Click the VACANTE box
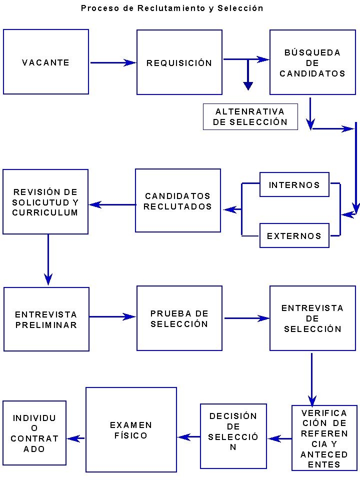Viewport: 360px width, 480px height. point(46,62)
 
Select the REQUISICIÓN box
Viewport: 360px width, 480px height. point(179,62)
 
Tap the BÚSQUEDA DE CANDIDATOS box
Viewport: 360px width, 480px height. point(312,62)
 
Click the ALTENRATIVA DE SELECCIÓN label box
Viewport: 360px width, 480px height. point(250,116)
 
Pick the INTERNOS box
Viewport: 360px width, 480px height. point(294,184)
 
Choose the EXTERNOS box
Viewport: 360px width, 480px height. point(294,236)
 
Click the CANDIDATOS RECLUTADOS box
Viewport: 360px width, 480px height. point(178,200)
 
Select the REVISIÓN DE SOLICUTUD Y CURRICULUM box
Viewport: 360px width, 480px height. point(45,201)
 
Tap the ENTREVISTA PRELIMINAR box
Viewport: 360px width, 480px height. point(46,319)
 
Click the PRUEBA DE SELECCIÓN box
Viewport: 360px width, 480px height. point(179,318)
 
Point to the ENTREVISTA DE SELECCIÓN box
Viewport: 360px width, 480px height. point(312,318)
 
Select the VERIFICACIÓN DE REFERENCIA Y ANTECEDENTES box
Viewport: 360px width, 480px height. point(324,438)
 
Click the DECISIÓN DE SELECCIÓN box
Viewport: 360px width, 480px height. point(233,436)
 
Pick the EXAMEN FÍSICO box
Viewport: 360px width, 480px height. point(131,430)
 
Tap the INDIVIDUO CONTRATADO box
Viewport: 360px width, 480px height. point(34,433)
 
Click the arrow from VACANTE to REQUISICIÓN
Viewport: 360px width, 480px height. point(113,63)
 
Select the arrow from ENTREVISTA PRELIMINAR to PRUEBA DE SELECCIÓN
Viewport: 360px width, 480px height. point(113,316)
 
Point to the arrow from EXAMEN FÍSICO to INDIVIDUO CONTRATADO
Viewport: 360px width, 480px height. point(76,438)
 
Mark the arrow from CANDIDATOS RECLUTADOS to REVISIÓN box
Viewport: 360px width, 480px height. point(112,204)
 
